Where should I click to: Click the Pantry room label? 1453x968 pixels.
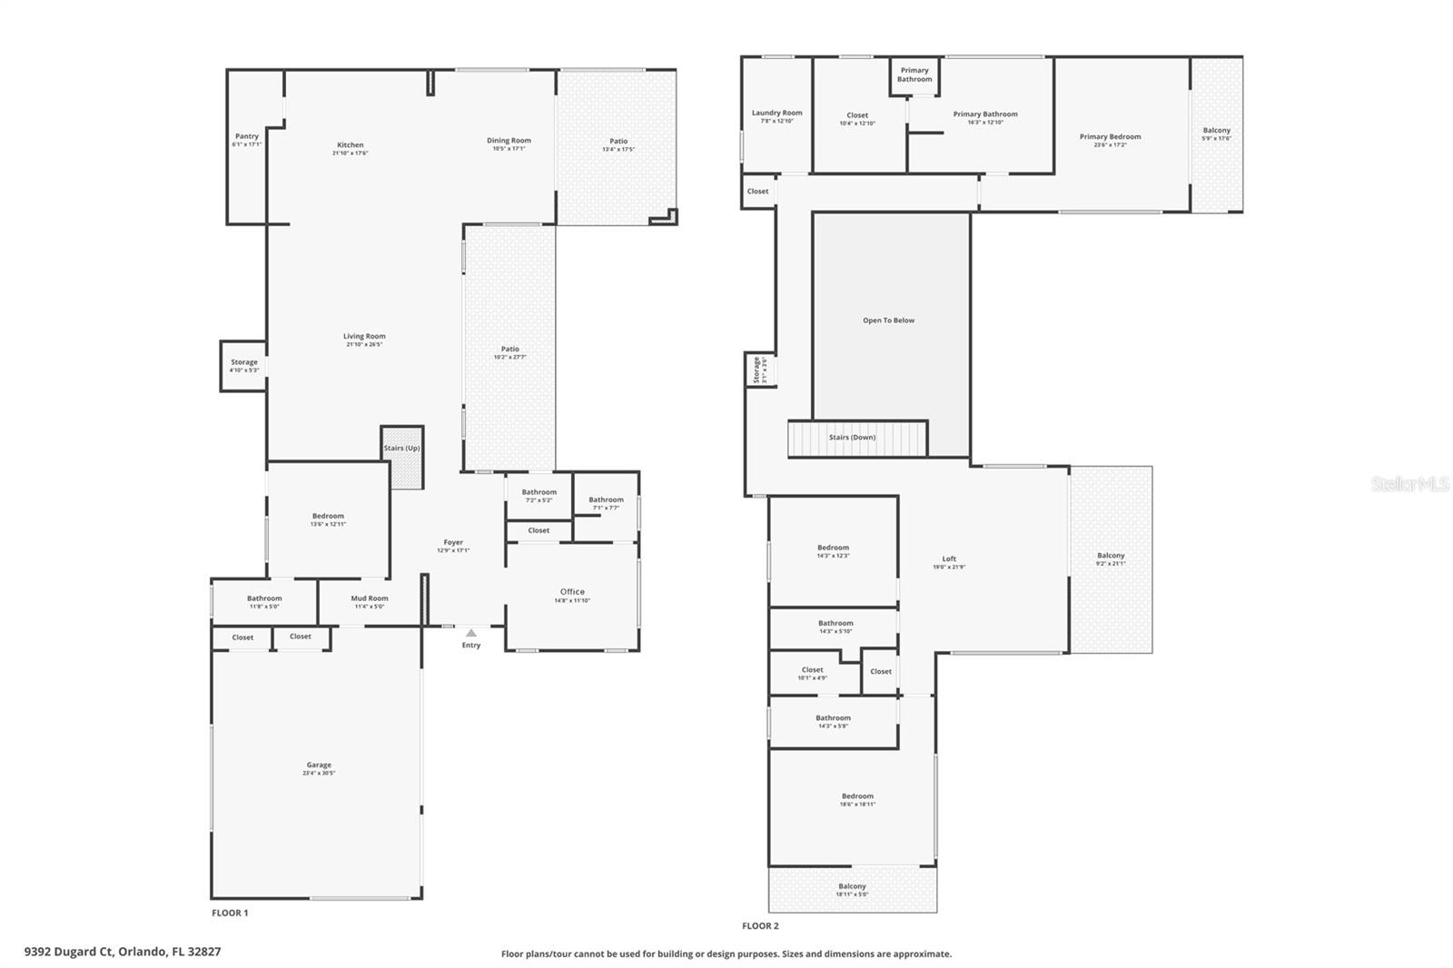coord(246,136)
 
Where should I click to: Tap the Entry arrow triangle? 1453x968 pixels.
coord(470,633)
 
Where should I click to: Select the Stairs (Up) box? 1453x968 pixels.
coord(401,457)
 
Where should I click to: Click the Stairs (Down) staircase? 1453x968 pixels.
coord(856,439)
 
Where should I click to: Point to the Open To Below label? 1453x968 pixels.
coord(888,321)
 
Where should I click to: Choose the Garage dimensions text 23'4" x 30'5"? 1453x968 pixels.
coord(319,774)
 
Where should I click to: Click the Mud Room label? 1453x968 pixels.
coord(369,598)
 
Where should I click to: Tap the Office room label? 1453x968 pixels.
coord(572,592)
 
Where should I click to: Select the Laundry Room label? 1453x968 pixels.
coord(776,113)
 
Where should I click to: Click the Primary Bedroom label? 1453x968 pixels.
coord(1110,137)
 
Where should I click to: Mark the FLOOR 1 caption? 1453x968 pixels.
coord(230,913)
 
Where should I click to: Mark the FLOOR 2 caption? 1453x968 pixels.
coord(760,926)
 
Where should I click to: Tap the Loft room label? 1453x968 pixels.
coord(948,559)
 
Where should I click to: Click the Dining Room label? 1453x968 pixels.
coord(509,141)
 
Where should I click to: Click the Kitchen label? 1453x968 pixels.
coord(350,145)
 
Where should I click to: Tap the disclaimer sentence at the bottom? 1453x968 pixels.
coord(726,954)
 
